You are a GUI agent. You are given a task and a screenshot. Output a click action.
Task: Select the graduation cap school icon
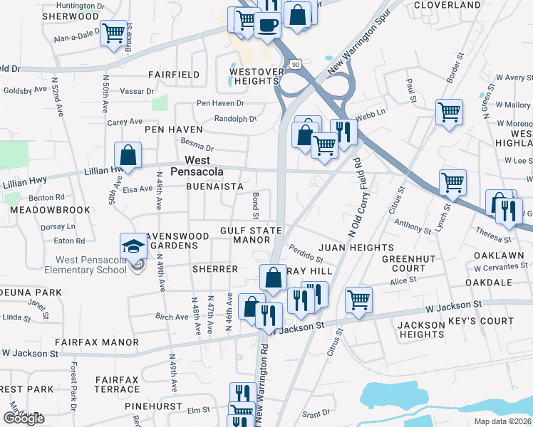pos(133,246)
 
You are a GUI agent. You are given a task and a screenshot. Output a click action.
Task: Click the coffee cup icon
pos(268,25)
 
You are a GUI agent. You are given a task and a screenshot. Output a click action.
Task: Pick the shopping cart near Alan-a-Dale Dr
pos(114,33)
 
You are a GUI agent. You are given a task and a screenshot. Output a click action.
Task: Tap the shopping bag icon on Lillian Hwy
pos(128,154)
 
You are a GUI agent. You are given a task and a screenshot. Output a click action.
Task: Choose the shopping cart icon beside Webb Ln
pos(450,111)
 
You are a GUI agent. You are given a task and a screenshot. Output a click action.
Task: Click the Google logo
pos(24,418)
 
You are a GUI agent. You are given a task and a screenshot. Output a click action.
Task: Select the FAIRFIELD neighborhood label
pos(173,74)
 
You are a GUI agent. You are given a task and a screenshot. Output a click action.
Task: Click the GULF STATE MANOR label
pos(250,235)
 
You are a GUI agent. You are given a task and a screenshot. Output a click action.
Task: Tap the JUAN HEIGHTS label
pos(346,247)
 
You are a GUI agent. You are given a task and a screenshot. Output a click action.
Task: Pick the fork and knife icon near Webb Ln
pos(343,132)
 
